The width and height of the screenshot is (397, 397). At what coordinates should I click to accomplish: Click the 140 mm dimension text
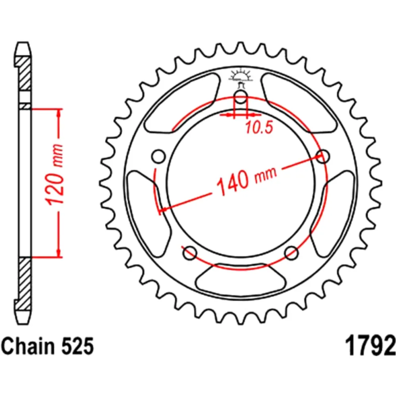(x=247, y=179)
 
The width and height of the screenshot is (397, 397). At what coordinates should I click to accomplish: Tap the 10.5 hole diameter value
(x=259, y=127)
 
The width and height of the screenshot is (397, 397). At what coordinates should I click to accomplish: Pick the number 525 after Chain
(x=77, y=346)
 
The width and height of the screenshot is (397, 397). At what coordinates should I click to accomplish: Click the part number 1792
(x=370, y=346)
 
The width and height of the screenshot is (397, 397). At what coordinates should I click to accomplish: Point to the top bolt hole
(x=241, y=96)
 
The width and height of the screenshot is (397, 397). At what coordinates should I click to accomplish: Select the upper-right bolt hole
(x=323, y=156)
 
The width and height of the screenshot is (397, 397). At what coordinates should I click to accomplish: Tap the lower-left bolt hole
(x=190, y=253)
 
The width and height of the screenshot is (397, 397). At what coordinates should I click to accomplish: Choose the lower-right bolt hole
(x=291, y=253)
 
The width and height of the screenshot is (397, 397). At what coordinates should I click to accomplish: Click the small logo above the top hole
(x=241, y=75)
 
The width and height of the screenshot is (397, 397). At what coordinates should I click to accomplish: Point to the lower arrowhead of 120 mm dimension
(x=59, y=252)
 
